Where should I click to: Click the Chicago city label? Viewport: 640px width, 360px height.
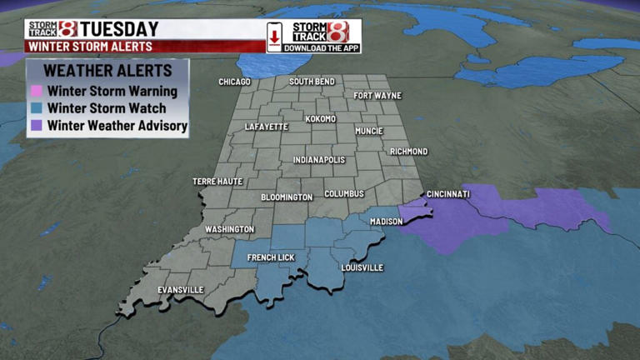click(234, 82)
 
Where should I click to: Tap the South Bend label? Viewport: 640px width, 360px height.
click(312, 82)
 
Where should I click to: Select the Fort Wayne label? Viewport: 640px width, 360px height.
click(377, 95)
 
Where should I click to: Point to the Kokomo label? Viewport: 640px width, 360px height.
click(320, 118)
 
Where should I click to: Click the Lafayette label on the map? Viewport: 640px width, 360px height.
click(267, 127)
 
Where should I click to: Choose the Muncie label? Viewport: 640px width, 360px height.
click(368, 131)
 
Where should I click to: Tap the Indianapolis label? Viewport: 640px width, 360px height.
click(318, 159)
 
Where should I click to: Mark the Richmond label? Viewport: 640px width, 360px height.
click(408, 152)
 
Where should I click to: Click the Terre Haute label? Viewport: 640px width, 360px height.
click(217, 181)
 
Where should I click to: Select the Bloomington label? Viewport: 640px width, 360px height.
click(287, 197)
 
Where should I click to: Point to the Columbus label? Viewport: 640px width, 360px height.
click(344, 193)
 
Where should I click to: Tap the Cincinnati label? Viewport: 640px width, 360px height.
click(448, 194)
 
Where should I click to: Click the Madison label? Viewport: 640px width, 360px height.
click(387, 222)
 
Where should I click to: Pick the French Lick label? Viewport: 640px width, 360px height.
click(271, 257)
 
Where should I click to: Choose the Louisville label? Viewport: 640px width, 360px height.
click(362, 267)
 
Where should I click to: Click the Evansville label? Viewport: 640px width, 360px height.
click(181, 289)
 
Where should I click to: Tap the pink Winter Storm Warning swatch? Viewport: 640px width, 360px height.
click(36, 91)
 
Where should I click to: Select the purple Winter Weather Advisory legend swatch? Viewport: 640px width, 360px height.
click(36, 126)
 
